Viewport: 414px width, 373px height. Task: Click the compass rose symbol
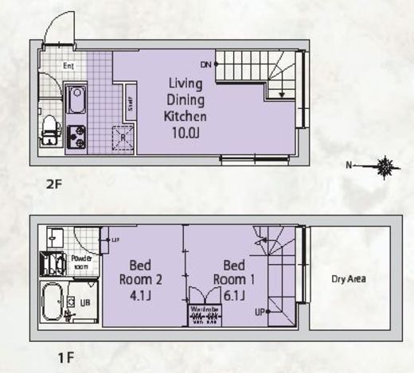[387, 166]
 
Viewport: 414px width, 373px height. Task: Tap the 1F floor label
[67, 358]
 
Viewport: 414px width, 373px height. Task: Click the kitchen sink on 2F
[77, 101]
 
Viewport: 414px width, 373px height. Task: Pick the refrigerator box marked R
[123, 138]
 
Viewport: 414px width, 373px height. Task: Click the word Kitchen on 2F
[186, 116]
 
